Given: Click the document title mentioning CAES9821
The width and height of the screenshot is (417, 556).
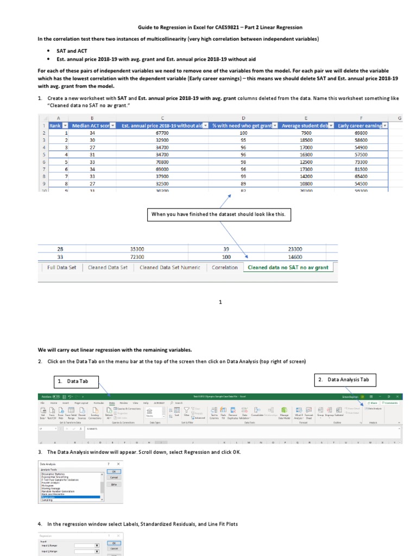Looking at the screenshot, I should point(220,27).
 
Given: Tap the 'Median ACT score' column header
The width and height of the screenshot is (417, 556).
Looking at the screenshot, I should point(93,125).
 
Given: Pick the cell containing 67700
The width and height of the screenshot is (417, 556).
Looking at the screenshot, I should point(162,132).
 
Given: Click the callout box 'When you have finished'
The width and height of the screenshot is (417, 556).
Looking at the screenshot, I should point(218,214).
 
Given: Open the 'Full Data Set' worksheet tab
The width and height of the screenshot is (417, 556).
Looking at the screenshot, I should point(62,267).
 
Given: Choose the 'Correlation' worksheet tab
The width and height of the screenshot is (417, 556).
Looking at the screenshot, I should point(225,267).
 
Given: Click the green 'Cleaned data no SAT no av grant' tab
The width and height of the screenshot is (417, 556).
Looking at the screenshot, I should point(288,267).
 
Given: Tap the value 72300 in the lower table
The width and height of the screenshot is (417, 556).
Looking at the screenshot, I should point(137,257).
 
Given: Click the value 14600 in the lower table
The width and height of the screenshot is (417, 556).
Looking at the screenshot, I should point(295,257).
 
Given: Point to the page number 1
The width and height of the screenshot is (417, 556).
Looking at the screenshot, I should point(220,302).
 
